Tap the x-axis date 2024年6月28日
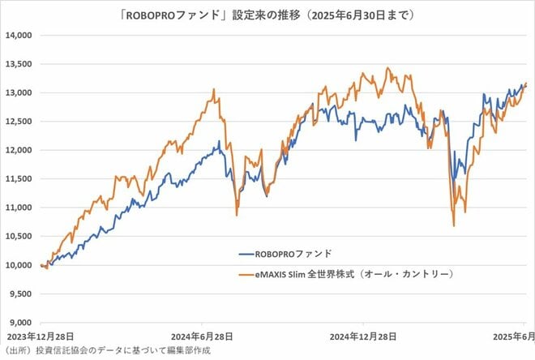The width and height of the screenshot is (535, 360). coord(203,336)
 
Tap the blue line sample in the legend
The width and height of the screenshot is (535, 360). coord(253,253)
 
